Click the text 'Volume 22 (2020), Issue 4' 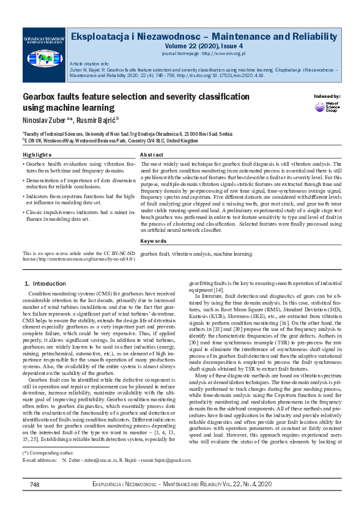203,45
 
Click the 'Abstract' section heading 152,155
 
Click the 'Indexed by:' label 327,97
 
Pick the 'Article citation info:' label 89,64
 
